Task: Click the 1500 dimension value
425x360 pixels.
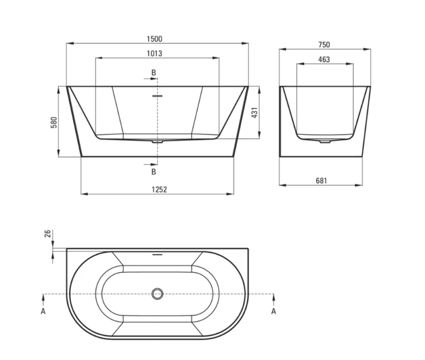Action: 155,39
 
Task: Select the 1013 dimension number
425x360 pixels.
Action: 155,54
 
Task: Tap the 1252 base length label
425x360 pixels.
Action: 159,189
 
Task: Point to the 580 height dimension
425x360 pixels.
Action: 54,122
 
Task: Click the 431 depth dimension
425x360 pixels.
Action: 254,112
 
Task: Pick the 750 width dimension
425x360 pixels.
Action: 324,45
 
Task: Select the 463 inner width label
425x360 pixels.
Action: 324,60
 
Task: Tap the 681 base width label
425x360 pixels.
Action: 321,180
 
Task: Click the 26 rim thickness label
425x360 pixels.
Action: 48,234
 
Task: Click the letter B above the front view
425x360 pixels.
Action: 154,73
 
